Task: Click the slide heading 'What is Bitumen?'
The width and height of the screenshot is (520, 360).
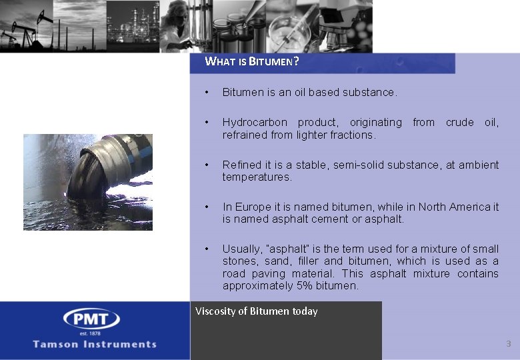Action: (x=252, y=62)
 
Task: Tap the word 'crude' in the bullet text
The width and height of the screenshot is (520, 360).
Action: (x=459, y=123)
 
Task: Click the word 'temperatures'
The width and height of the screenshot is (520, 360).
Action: (x=257, y=177)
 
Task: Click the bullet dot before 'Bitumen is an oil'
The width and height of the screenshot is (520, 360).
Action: (x=208, y=92)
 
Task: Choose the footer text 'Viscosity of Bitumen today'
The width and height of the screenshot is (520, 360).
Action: (x=257, y=311)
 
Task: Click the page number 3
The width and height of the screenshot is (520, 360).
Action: (x=508, y=344)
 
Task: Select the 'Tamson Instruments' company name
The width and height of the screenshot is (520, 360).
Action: (x=95, y=345)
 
